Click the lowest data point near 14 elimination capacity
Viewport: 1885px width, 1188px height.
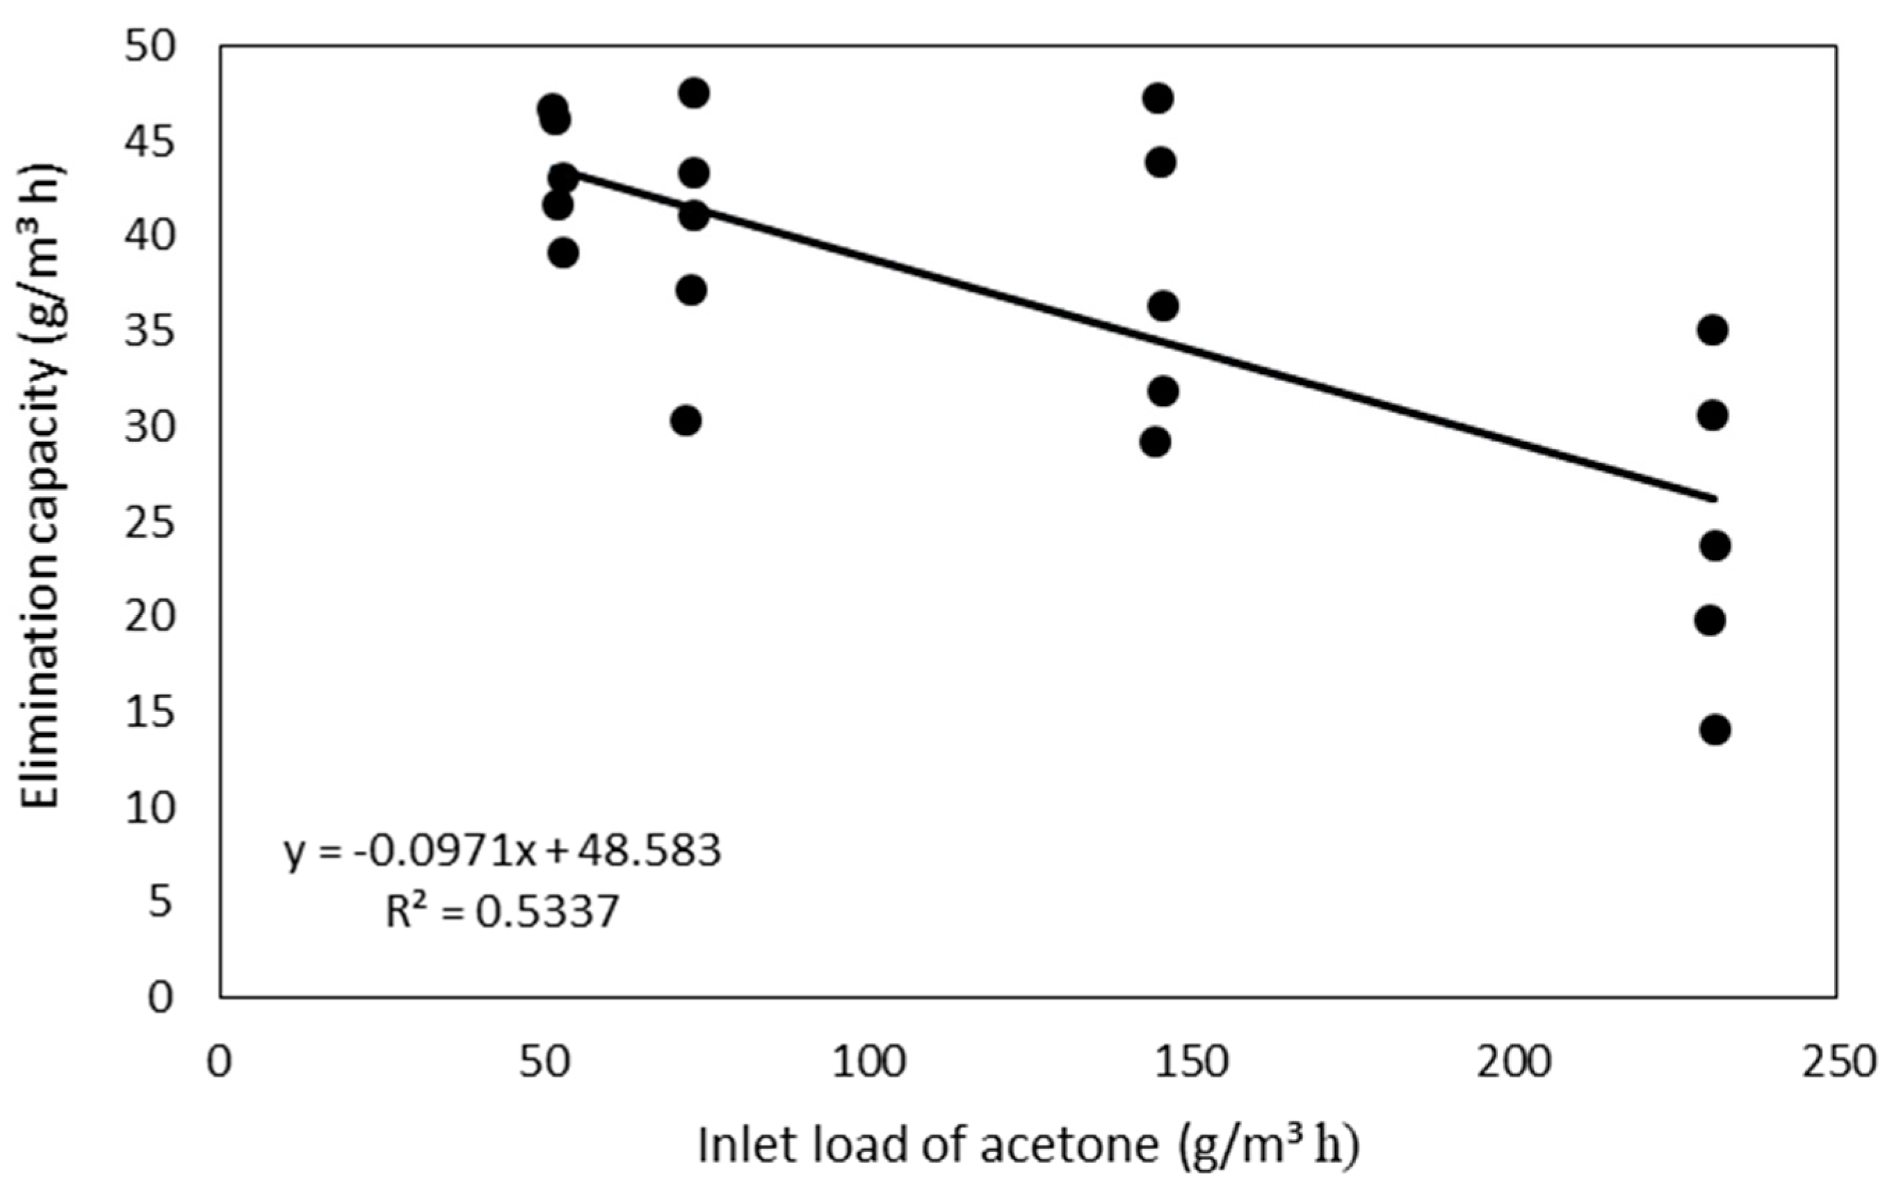pyautogui.click(x=1715, y=729)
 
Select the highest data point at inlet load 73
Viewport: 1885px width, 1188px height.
pyautogui.click(x=693, y=93)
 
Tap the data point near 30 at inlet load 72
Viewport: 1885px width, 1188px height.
pyautogui.click(x=686, y=421)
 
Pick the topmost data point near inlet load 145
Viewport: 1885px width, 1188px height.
pyautogui.click(x=1157, y=98)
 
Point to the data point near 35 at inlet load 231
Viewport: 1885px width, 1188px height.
pyautogui.click(x=1713, y=330)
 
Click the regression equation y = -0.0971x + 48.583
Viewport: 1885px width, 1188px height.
pyautogui.click(x=502, y=851)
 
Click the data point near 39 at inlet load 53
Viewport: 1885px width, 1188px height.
pyautogui.click(x=563, y=253)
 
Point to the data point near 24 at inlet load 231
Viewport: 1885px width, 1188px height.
pyautogui.click(x=1715, y=546)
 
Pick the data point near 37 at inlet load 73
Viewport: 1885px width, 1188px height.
pyautogui.click(x=690, y=291)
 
